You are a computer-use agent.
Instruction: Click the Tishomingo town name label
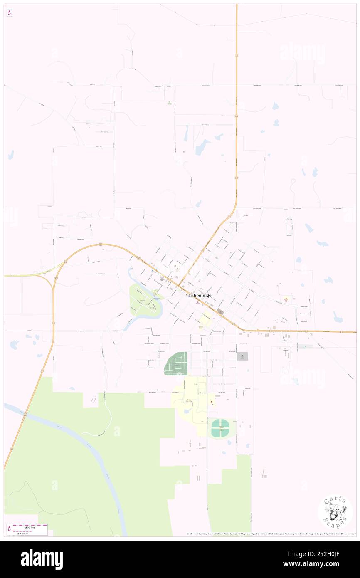[199, 295]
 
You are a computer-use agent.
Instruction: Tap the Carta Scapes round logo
[335, 512]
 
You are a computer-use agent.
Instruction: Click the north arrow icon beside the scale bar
[9, 529]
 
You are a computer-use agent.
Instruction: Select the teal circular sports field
[220, 428]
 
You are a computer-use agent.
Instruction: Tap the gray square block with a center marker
[242, 356]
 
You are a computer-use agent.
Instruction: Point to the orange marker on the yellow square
[286, 298]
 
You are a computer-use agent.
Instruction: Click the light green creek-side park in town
[143, 301]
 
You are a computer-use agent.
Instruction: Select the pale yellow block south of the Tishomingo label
[205, 319]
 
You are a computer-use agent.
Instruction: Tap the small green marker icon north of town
[169, 103]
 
